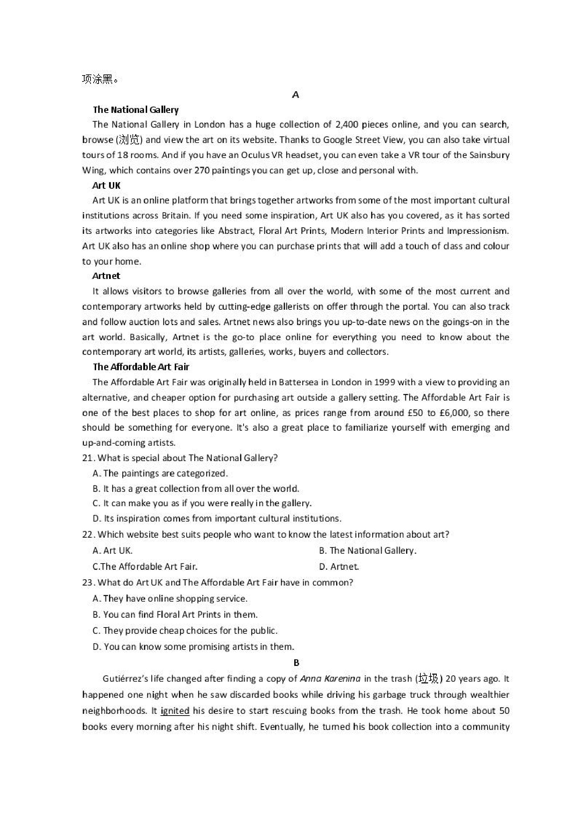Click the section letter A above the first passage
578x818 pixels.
coord(295,95)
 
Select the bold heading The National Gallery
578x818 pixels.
coord(136,110)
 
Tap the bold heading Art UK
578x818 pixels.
coord(107,185)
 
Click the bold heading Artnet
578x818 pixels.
coord(106,276)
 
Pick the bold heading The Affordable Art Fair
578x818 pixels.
coord(141,367)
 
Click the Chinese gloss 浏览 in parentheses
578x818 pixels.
coord(129,140)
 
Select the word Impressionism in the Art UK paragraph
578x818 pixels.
coord(478,231)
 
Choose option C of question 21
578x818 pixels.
coord(202,503)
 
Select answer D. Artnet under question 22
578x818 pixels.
coord(339,566)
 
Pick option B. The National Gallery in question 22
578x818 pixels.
coord(368,551)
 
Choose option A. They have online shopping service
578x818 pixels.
coord(170,598)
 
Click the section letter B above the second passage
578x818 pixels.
coord(296,663)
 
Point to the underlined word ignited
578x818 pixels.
coord(175,710)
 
